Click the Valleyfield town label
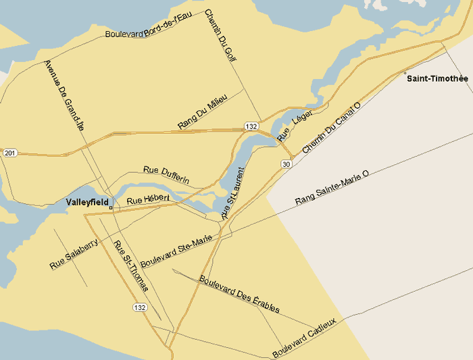(88, 202)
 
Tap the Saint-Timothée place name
(437, 78)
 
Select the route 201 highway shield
(9, 153)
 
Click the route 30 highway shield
(287, 164)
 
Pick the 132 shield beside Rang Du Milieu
(251, 126)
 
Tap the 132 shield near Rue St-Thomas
(139, 307)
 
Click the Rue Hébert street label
(147, 199)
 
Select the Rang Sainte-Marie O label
(332, 188)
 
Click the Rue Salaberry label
(74, 254)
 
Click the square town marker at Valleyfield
(111, 208)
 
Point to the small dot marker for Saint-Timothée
(405, 73)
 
